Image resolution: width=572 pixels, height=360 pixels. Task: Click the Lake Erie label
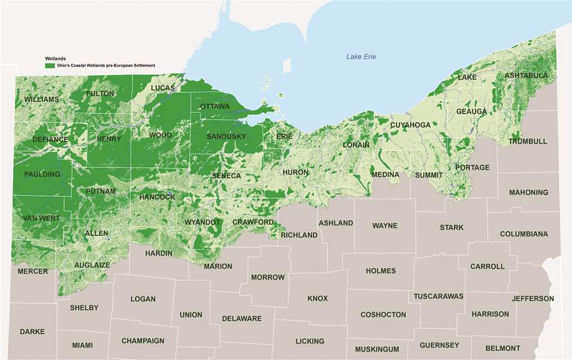(x=361, y=57)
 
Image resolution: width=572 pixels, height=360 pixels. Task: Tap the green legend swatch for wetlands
(x=50, y=65)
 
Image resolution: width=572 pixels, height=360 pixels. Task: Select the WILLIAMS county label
(x=41, y=99)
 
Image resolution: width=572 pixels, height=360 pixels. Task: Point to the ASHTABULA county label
(x=526, y=76)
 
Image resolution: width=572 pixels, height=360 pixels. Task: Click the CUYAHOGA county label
(x=410, y=125)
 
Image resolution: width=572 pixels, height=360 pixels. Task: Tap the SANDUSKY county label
(x=226, y=137)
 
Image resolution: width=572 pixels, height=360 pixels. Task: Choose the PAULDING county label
(x=42, y=175)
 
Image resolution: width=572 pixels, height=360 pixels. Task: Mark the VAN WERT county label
(x=41, y=218)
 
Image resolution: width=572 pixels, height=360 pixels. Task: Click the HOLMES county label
(x=381, y=271)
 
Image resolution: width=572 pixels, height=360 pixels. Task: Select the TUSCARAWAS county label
(x=438, y=296)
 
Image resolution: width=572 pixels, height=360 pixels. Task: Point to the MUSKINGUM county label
(x=377, y=349)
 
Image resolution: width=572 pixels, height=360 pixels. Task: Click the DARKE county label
(x=32, y=331)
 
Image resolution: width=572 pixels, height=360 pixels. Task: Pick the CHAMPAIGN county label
(x=143, y=341)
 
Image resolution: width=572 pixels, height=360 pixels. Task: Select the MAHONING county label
(x=528, y=193)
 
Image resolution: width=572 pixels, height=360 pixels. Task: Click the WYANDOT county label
(x=203, y=222)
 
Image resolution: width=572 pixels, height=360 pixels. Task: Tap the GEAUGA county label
(x=471, y=112)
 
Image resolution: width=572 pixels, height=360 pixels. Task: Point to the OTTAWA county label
(x=215, y=107)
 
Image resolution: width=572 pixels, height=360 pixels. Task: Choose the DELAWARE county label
(x=242, y=319)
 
